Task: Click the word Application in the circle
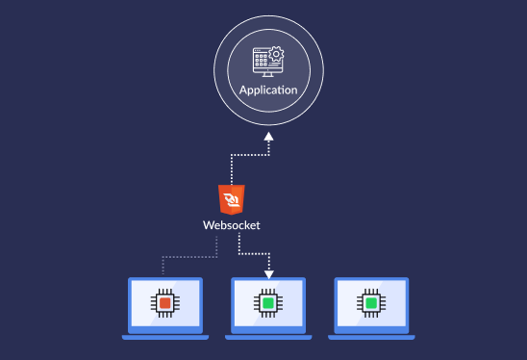[268, 90]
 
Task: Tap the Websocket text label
[231, 225]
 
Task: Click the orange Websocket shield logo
[231, 199]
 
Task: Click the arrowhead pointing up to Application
[268, 137]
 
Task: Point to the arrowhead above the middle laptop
[268, 272]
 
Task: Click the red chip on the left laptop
[165, 303]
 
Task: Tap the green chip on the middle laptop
[268, 303]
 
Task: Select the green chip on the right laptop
[371, 303]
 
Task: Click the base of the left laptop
[165, 336]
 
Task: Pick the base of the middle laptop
[268, 336]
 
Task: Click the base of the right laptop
[371, 336]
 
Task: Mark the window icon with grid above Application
[263, 60]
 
